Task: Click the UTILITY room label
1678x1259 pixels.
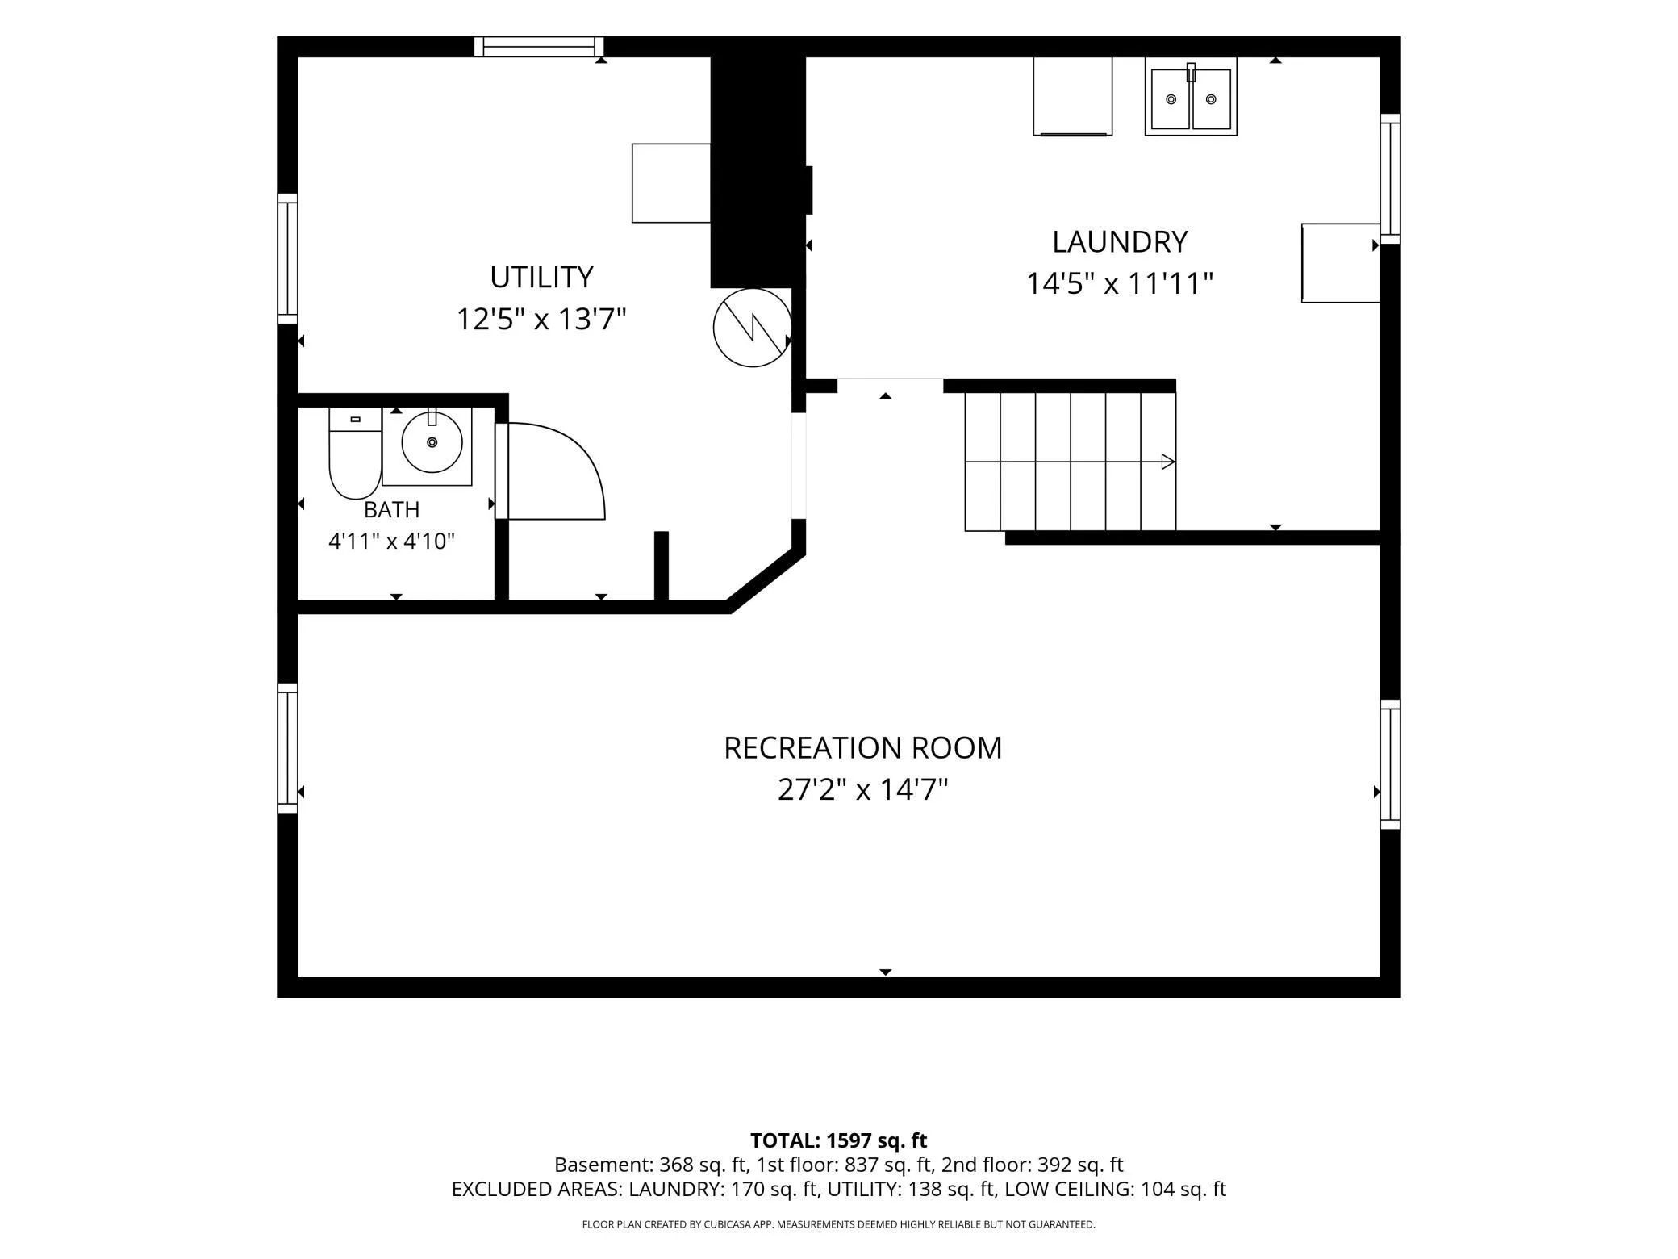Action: pos(541,277)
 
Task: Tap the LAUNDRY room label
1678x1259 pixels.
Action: pos(1120,242)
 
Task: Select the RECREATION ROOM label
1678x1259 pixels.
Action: pos(862,748)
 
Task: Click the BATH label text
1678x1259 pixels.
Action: pos(391,510)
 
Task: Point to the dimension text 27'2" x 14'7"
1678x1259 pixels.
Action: pos(862,789)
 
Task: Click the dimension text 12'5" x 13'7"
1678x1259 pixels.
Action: pos(541,320)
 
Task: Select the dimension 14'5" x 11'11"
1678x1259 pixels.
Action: pos(1120,284)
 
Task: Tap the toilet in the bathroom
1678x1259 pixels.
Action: pos(355,453)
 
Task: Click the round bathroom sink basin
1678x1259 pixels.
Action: pos(432,442)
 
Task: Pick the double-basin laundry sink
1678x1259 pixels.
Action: pos(1191,97)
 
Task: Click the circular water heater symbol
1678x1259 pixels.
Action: pos(752,328)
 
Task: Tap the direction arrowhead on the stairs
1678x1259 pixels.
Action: pos(1168,462)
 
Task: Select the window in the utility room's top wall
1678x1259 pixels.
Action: pos(539,47)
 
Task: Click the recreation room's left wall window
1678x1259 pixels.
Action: pos(288,748)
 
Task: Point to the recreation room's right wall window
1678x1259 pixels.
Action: pos(1390,764)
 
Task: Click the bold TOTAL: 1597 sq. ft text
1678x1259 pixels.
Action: pos(839,1140)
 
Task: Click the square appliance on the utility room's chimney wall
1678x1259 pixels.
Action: pos(671,183)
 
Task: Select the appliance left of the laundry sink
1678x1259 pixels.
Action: pos(1073,96)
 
